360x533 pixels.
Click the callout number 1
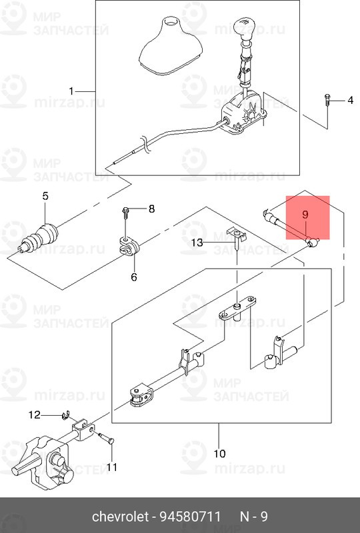point(71,91)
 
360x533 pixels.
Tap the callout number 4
point(350,101)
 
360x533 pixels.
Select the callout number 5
point(45,196)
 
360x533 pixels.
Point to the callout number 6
point(134,277)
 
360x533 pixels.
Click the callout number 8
point(151,209)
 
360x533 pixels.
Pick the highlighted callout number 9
point(305,215)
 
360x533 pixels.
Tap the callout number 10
point(219,454)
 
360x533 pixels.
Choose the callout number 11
point(111,467)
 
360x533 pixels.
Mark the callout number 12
point(35,414)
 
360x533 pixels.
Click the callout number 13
point(197,243)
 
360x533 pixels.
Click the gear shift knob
point(244,27)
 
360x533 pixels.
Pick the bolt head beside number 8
point(125,211)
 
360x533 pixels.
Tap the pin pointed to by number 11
point(106,438)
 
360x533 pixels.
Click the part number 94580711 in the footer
point(195,517)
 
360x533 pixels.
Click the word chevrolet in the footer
point(121,517)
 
